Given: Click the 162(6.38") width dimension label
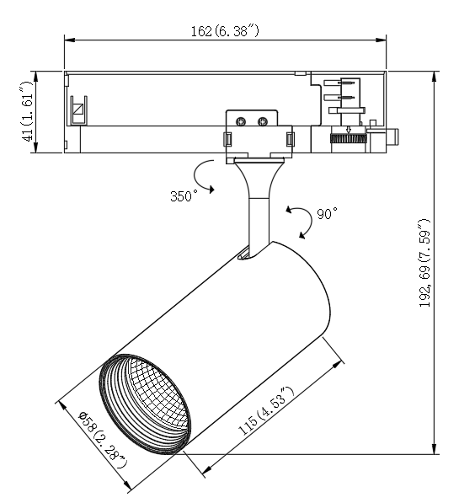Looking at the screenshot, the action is (x=225, y=31).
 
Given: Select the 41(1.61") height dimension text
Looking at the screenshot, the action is (x=28, y=111).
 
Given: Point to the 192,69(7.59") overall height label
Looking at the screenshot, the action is (x=424, y=263).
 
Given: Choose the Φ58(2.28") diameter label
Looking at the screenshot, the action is (x=104, y=440).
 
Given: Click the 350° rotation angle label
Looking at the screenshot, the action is (x=184, y=196).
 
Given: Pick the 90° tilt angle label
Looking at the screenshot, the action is (x=327, y=213).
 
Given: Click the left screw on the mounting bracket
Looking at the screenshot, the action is (x=241, y=121).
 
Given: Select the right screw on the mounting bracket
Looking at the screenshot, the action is (x=263, y=121).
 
